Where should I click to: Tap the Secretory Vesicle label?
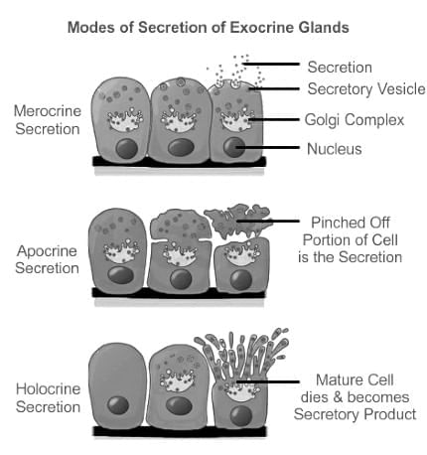pos(366,89)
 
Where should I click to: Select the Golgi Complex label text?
pos(355,120)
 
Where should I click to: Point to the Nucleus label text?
pos(335,149)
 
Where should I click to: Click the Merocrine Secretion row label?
pos(48,120)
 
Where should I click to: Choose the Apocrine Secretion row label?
pos(47,259)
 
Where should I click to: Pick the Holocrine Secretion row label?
pos(48,397)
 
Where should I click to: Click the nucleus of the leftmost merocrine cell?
pos(127,148)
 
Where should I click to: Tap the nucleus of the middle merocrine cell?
pos(181,147)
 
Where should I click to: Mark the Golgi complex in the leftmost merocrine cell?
pos(125,120)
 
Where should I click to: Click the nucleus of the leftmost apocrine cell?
pos(121,275)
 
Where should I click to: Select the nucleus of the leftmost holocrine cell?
pos(118,404)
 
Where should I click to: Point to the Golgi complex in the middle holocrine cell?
pos(178,380)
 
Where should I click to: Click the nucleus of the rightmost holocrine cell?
pos(241,416)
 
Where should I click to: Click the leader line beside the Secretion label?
pos(271,64)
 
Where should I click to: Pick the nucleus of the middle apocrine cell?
pos(181,279)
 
